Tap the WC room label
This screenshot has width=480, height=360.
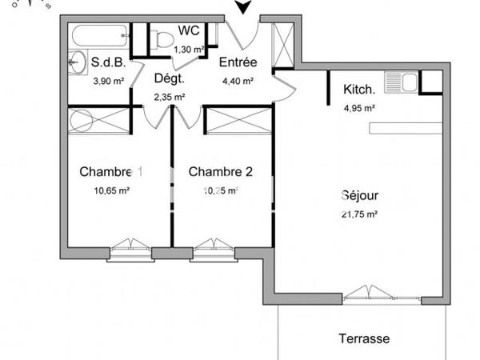[189, 31]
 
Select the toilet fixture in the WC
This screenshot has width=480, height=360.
[163, 38]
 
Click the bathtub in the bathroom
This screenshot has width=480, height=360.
[98, 36]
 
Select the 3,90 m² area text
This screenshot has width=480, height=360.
[109, 81]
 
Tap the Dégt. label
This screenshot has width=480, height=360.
[169, 78]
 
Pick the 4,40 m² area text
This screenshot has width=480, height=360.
[238, 81]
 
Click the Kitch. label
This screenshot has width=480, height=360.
[359, 90]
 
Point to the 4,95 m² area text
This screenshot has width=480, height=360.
[359, 108]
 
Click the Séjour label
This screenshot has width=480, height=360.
[359, 195]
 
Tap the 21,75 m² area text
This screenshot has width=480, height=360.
[359, 214]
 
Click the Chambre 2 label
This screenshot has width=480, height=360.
[220, 171]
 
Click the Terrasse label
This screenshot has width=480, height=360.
[363, 338]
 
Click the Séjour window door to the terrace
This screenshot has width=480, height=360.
[365, 293]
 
